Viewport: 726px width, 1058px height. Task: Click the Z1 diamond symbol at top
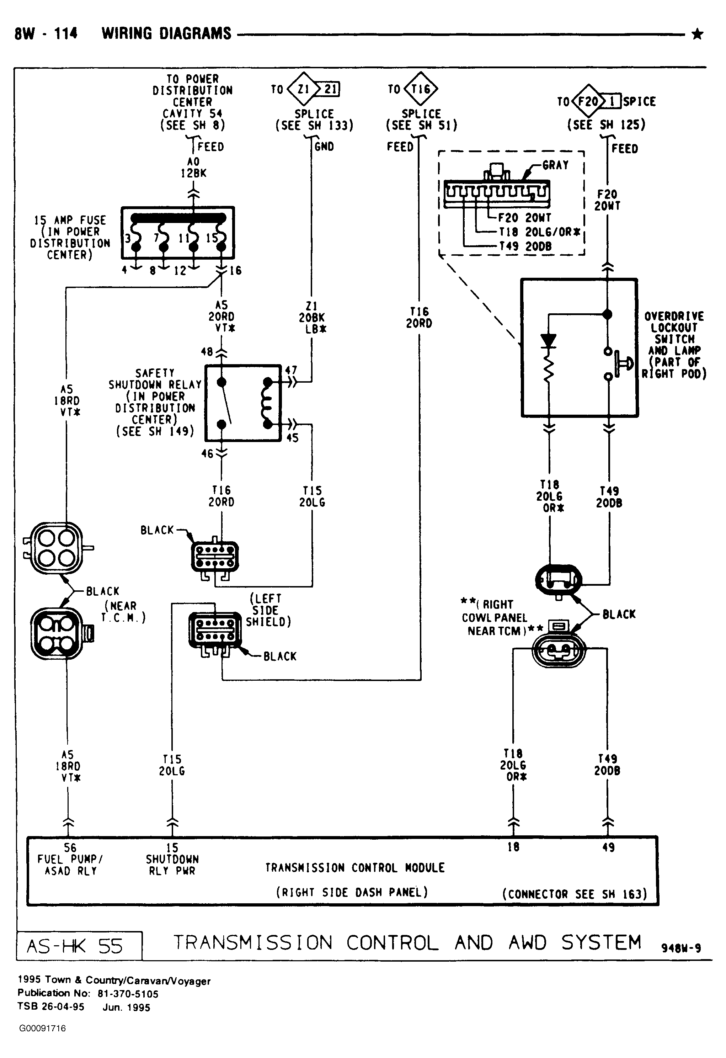(303, 89)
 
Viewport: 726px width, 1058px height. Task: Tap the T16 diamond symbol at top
(421, 89)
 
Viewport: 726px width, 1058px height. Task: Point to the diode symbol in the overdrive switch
(549, 341)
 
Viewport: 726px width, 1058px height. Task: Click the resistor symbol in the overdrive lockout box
(549, 366)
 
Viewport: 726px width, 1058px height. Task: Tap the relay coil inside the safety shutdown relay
(266, 403)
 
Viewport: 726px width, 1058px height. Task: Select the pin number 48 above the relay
(207, 351)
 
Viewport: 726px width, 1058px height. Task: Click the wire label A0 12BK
(193, 167)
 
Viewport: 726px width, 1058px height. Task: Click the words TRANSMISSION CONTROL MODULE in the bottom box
(355, 868)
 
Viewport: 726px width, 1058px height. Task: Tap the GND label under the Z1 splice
(324, 147)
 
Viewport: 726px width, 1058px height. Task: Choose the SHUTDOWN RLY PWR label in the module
(172, 865)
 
